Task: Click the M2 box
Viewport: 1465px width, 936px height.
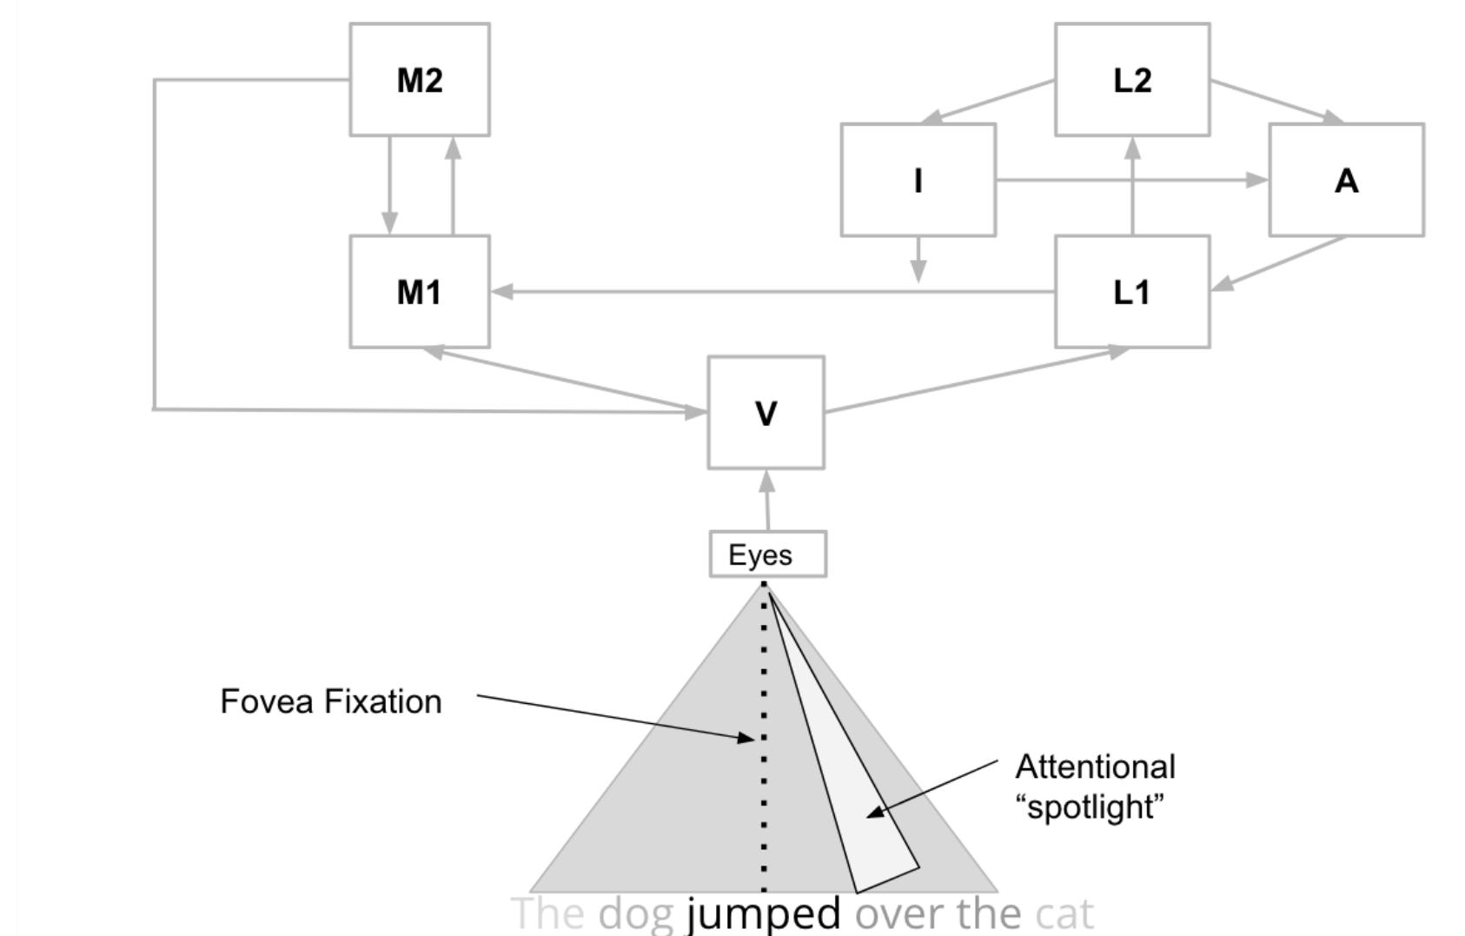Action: [420, 80]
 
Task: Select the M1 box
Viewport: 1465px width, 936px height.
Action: [420, 292]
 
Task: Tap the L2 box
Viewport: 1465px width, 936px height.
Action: [1132, 80]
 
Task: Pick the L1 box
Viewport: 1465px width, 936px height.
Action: [1132, 292]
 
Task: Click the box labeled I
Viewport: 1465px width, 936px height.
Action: [918, 180]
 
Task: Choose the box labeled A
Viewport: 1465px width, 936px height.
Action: [1346, 180]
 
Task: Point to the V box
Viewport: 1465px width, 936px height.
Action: [766, 413]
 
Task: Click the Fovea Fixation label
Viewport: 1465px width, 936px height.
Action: [331, 701]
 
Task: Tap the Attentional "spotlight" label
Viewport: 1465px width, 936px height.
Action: [1095, 787]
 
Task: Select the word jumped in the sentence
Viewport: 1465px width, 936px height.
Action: [763, 914]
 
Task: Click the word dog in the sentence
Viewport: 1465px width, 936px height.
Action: [636, 914]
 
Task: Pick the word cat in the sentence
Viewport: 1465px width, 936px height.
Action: [1064, 914]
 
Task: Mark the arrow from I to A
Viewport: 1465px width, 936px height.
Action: [1130, 180]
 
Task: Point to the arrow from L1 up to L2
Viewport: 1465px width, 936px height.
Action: [1132, 187]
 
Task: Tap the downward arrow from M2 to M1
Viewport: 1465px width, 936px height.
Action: [389, 185]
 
